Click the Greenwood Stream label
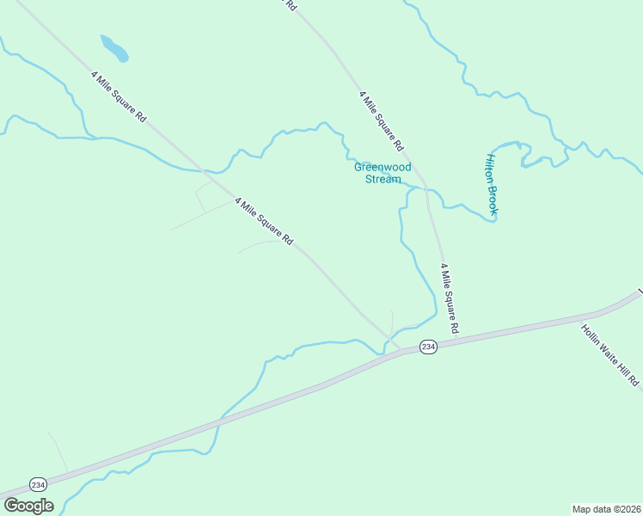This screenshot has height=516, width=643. pyautogui.click(x=383, y=173)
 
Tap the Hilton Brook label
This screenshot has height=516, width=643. pyautogui.click(x=493, y=184)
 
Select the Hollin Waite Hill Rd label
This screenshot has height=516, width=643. pyautogui.click(x=610, y=354)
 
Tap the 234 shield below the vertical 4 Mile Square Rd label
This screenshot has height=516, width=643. pyautogui.click(x=429, y=346)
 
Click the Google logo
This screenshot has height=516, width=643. pyautogui.click(x=28, y=506)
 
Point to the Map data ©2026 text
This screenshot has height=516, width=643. pyautogui.click(x=606, y=508)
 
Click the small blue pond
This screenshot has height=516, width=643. pyautogui.click(x=114, y=48)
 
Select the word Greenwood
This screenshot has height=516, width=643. pyautogui.click(x=383, y=167)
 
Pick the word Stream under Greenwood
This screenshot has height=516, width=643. pyautogui.click(x=383, y=179)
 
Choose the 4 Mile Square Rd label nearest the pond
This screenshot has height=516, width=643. pyautogui.click(x=119, y=95)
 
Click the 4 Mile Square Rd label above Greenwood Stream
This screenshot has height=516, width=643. pyautogui.click(x=381, y=118)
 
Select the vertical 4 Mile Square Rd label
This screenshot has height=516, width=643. pyautogui.click(x=450, y=298)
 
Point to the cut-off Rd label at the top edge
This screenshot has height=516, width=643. pyautogui.click(x=291, y=4)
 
